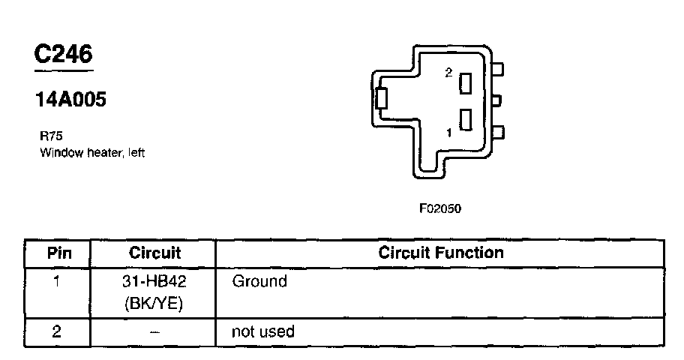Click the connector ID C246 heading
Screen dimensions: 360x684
coord(64,54)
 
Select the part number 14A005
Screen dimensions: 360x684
coord(70,100)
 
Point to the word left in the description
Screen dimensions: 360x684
coord(135,153)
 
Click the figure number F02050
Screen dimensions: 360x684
coord(439,209)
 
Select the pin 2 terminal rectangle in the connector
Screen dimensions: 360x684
coord(466,82)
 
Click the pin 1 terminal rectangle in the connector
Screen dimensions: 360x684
coord(466,120)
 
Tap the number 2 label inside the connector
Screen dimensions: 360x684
coord(448,73)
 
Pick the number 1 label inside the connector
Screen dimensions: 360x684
coord(448,133)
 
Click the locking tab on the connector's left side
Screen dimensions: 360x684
coord(381,99)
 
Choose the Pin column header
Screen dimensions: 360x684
coord(58,253)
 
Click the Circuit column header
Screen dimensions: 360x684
coord(154,253)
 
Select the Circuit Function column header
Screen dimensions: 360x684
coord(441,253)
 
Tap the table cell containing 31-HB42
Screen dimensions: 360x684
coord(154,282)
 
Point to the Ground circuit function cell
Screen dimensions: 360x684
coord(259,282)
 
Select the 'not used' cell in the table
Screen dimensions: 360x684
coord(263,331)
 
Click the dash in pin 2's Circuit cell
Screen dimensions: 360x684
coord(154,331)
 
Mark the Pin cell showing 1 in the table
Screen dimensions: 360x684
coord(58,282)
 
